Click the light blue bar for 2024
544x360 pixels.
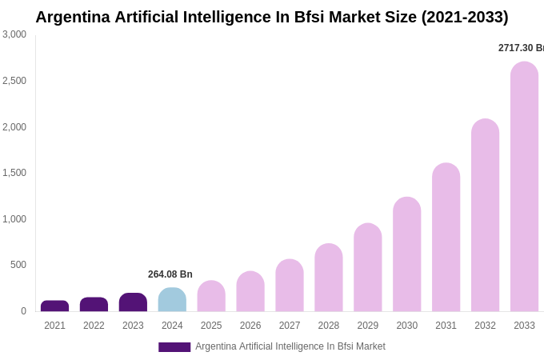pos(172,300)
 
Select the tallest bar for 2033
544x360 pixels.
pos(524,187)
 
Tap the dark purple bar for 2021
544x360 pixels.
pos(54,306)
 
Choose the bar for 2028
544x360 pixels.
pos(328,278)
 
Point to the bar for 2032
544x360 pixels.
pos(485,215)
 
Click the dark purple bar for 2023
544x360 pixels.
pos(133,302)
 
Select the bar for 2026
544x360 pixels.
pos(250,292)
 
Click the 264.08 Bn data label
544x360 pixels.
pos(170,274)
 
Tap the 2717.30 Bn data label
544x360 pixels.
pos(521,48)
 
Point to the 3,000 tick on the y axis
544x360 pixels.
pos(14,34)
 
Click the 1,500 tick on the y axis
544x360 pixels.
pos(14,173)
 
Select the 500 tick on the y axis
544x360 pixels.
pos(18,265)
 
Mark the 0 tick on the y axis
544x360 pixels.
pos(23,311)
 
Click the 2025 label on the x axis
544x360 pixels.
pos(211,326)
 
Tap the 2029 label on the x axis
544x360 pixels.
pos(368,326)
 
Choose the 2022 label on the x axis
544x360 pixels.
pos(94,326)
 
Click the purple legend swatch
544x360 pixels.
pos(174,347)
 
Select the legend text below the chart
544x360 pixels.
pos(290,346)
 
